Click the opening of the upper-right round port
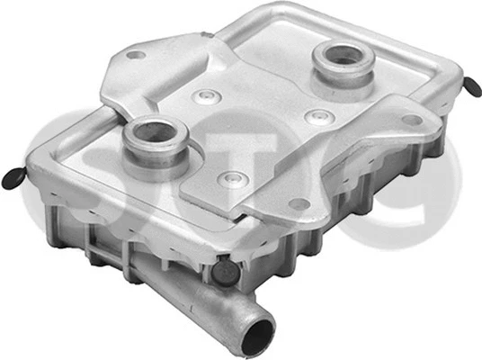point(344,56)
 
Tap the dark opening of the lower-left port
point(155,131)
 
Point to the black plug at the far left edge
point(13,178)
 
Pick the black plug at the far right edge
point(473,86)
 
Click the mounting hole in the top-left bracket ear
point(136,55)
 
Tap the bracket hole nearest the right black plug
point(412,120)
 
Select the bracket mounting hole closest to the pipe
point(299,203)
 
